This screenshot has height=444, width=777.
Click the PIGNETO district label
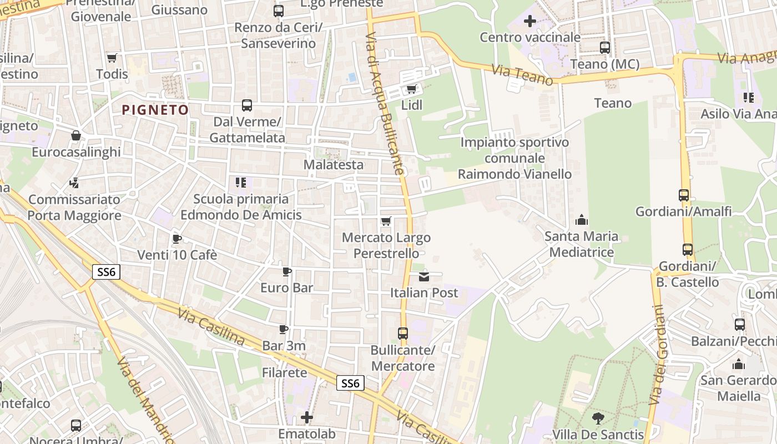pyautogui.click(x=155, y=110)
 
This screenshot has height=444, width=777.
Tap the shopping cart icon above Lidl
pyautogui.click(x=411, y=89)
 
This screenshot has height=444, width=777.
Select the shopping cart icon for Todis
pyautogui.click(x=112, y=58)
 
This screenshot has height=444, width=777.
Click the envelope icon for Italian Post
pyautogui.click(x=424, y=276)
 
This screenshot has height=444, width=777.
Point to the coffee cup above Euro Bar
pyautogui.click(x=287, y=271)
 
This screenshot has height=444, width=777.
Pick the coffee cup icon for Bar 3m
pyautogui.click(x=284, y=330)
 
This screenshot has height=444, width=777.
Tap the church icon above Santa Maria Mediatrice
pyautogui.click(x=581, y=220)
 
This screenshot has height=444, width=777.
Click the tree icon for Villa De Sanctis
pyautogui.click(x=598, y=418)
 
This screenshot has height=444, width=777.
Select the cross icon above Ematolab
pyautogui.click(x=306, y=417)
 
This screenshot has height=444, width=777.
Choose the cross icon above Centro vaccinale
pyautogui.click(x=530, y=22)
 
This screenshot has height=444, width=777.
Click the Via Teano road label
pyautogui.click(x=522, y=75)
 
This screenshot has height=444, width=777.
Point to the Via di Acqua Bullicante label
pyautogui.click(x=384, y=103)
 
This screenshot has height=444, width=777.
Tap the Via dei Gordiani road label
pyautogui.click(x=659, y=355)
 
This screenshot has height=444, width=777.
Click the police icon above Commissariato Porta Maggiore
pyautogui.click(x=74, y=183)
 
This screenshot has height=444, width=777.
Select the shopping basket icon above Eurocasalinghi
pyautogui.click(x=76, y=135)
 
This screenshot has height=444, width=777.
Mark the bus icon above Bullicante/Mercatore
pyautogui.click(x=403, y=334)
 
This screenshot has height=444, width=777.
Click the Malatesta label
pyautogui.click(x=334, y=165)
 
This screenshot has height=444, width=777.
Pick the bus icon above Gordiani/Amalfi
pyautogui.click(x=683, y=195)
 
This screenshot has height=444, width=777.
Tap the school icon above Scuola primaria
pyautogui.click(x=240, y=183)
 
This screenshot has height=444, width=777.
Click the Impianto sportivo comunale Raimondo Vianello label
pyautogui.click(x=514, y=158)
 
